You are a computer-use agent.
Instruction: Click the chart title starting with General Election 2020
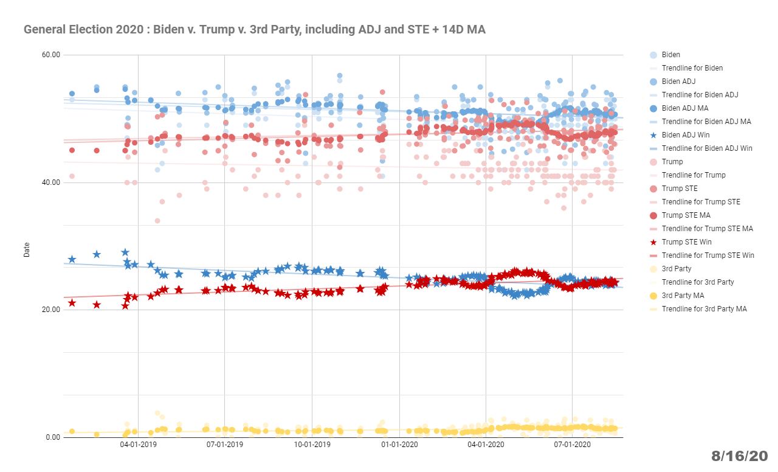[254, 29]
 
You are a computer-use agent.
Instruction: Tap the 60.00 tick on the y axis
[51, 55]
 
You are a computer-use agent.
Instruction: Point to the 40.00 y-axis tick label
[51, 182]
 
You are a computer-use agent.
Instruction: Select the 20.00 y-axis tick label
[51, 310]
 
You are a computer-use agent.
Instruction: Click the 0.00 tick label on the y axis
[53, 437]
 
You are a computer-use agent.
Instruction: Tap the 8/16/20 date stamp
[740, 456]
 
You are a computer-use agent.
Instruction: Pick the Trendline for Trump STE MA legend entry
[707, 229]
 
